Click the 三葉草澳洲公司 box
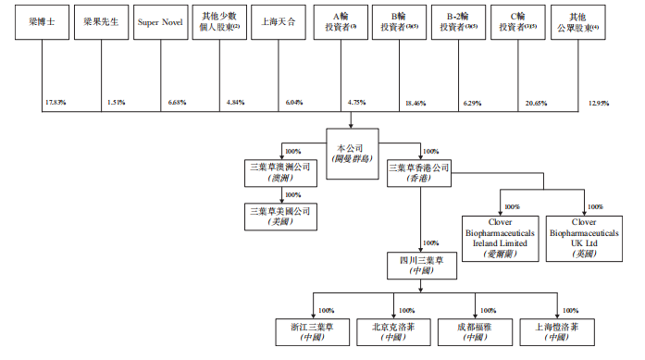coord(278,174)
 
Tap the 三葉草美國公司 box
coord(278,217)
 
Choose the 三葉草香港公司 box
coord(421,174)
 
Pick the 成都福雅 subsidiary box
coord(475,331)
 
